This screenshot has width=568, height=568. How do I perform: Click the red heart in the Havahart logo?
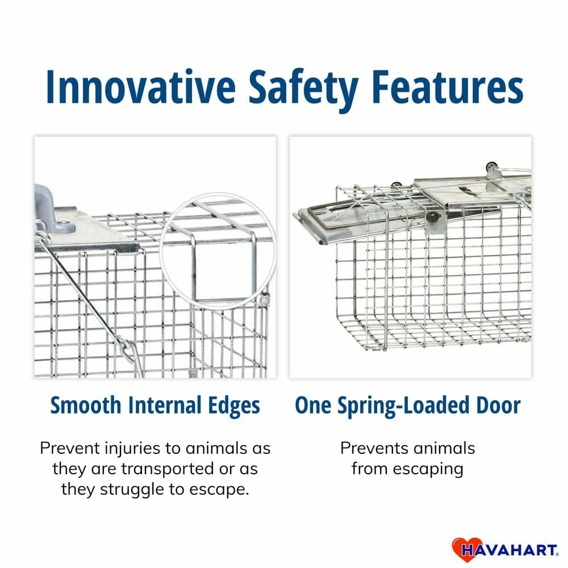(x=462, y=549)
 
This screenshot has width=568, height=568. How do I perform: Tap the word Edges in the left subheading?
(x=234, y=406)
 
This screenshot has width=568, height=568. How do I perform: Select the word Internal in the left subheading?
(x=165, y=406)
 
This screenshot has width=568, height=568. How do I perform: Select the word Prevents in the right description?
(x=375, y=448)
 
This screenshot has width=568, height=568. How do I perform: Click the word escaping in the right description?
(x=427, y=469)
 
